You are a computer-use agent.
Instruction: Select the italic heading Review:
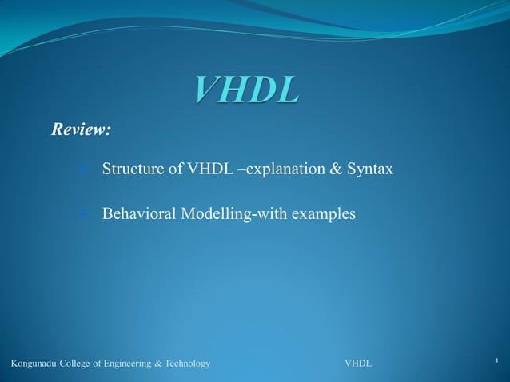(x=81, y=129)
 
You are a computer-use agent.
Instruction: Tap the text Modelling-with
(x=233, y=214)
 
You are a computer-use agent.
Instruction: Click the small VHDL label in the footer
(x=357, y=364)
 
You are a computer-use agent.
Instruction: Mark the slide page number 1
(x=496, y=362)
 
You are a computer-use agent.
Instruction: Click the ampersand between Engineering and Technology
(x=157, y=364)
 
